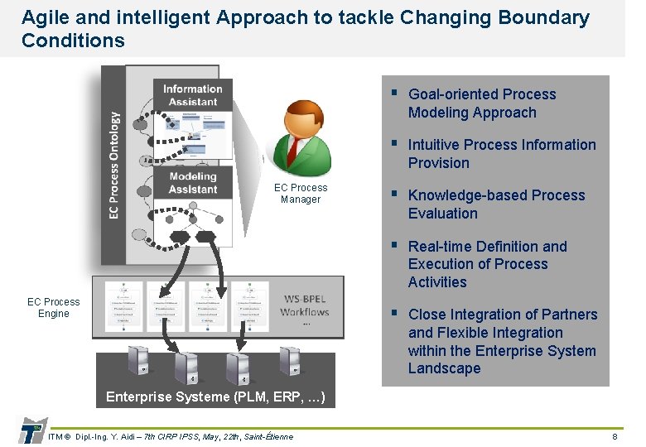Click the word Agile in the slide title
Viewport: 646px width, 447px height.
click(x=42, y=17)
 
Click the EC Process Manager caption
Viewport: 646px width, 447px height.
click(x=301, y=194)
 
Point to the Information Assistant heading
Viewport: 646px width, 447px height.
click(x=193, y=95)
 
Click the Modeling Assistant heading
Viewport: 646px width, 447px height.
click(x=193, y=182)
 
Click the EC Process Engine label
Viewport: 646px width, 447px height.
click(x=54, y=308)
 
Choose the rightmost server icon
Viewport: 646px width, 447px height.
click(x=290, y=361)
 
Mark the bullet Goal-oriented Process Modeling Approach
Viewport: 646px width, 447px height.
click(x=482, y=103)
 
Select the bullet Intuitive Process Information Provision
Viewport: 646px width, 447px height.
click(x=501, y=154)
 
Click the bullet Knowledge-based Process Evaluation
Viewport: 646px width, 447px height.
click(x=496, y=204)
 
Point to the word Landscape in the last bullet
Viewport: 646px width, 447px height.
click(x=444, y=369)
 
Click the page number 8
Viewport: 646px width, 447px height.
click(x=615, y=436)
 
